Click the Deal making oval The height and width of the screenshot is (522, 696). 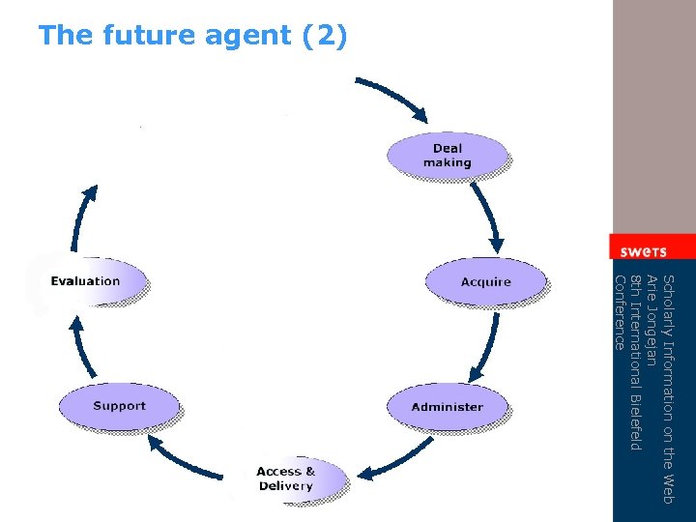(447, 156)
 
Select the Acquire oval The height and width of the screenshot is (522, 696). (485, 281)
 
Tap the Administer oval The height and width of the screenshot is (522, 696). (447, 407)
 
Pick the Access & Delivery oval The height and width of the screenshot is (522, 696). (285, 478)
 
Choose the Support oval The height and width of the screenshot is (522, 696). (119, 406)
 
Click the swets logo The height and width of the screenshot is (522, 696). (643, 250)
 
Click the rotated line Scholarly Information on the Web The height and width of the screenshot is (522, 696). (667, 387)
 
